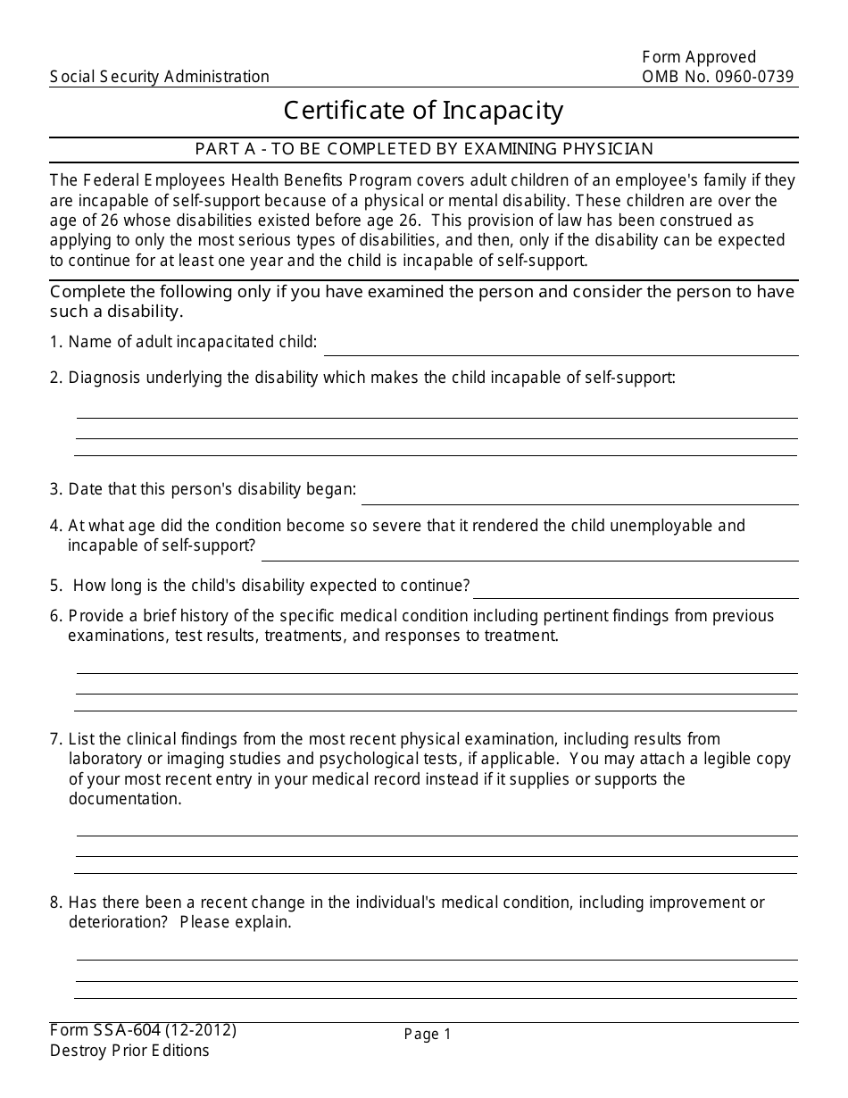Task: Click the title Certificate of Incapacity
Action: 423,111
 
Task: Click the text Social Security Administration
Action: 160,77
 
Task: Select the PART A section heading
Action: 423,149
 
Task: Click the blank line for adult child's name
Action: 561,347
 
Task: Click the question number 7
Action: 55,739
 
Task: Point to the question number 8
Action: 55,903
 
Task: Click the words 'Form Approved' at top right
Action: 699,58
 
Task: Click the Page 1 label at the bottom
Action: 428,1035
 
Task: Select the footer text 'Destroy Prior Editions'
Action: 129,1051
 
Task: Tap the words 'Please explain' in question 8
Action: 235,922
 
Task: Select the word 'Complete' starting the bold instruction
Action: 83,293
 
